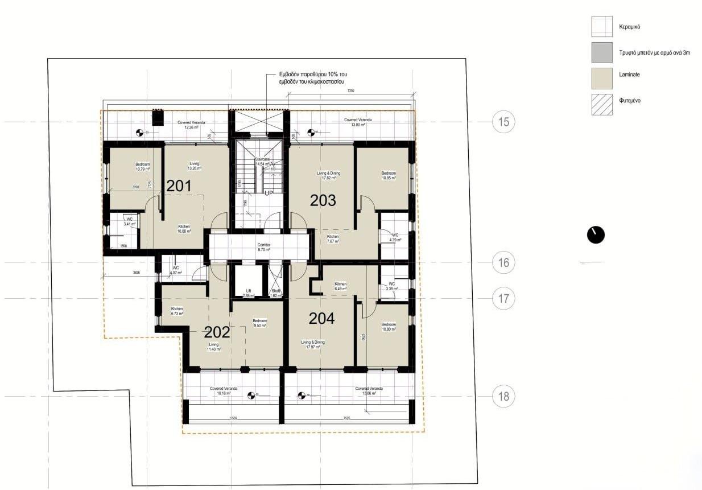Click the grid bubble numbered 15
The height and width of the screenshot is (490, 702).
pyautogui.click(x=503, y=121)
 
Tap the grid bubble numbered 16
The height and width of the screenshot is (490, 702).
pyautogui.click(x=503, y=262)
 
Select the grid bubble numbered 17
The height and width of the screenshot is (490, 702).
pyautogui.click(x=503, y=298)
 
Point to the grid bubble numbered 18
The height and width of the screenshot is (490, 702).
pyautogui.click(x=503, y=396)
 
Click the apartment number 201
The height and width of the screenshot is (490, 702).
pyautogui.click(x=178, y=186)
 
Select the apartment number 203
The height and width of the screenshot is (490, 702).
pyautogui.click(x=323, y=200)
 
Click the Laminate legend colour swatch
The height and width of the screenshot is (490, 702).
pyautogui.click(x=602, y=78)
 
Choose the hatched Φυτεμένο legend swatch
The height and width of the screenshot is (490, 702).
pyautogui.click(x=602, y=104)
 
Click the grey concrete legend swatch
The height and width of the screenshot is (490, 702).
pyautogui.click(x=602, y=52)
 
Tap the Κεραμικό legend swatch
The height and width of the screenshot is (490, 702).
pyautogui.click(x=602, y=26)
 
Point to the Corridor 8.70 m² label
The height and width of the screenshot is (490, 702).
pyautogui.click(x=263, y=247)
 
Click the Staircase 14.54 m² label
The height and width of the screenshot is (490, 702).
pyautogui.click(x=262, y=162)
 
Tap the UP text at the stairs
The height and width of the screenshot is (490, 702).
pyautogui.click(x=269, y=193)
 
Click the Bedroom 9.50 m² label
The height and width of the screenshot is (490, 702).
pyautogui.click(x=259, y=323)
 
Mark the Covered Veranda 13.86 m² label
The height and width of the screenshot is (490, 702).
pyautogui.click(x=369, y=391)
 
